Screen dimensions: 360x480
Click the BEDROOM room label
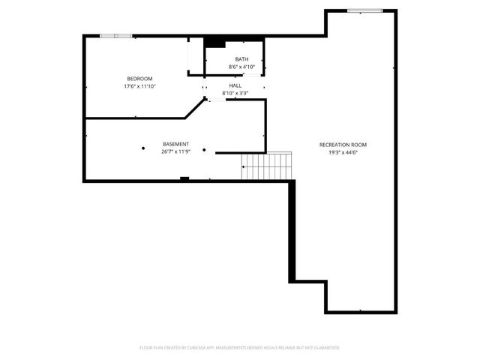[139, 79]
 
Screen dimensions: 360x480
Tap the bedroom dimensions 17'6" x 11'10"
[139, 86]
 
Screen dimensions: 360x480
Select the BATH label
[241, 59]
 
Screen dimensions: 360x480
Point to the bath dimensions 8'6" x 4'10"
[241, 67]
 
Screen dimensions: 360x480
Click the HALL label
[235, 85]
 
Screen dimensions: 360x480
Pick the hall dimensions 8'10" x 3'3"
[235, 93]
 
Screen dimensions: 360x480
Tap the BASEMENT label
[175, 144]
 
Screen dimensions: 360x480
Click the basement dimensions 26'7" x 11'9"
[175, 151]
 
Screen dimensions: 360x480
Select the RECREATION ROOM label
[343, 145]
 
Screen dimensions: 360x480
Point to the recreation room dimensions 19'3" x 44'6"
[343, 152]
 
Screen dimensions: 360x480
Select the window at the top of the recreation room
[364, 10]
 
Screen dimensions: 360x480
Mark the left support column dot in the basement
[142, 148]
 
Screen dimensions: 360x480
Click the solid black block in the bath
[215, 41]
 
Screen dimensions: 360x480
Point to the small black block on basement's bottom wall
[184, 178]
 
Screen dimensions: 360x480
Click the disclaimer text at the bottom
[240, 348]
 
